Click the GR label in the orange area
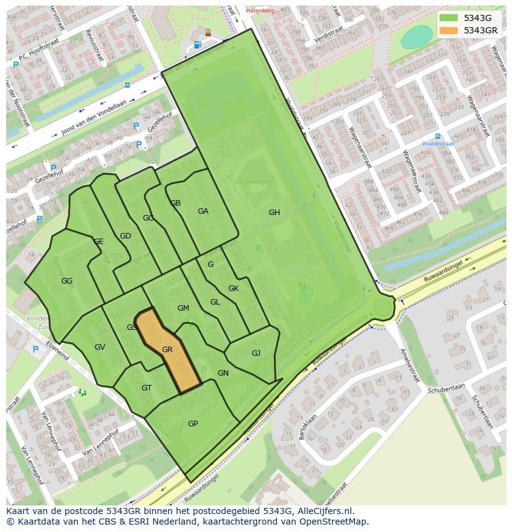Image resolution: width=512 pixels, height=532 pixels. click(167, 350)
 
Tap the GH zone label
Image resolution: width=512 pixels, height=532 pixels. click(274, 213)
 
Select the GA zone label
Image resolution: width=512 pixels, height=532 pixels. click(203, 211)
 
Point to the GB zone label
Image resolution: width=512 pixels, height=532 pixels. click(176, 203)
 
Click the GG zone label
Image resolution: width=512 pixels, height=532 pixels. click(67, 281)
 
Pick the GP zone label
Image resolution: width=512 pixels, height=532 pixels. click(193, 424)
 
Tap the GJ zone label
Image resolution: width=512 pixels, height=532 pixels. click(256, 353)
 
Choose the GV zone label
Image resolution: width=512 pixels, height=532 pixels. click(100, 347)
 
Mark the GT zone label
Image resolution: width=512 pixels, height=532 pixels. click(147, 388)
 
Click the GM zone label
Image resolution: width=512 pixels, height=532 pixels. click(183, 308)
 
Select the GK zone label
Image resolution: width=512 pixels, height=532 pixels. click(233, 289)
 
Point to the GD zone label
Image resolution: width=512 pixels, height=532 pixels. click(126, 236)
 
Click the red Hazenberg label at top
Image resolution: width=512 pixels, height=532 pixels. click(259, 11)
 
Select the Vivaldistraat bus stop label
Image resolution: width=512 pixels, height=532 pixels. click(438, 143)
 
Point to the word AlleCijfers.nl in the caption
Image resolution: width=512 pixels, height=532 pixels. click(323, 511)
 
